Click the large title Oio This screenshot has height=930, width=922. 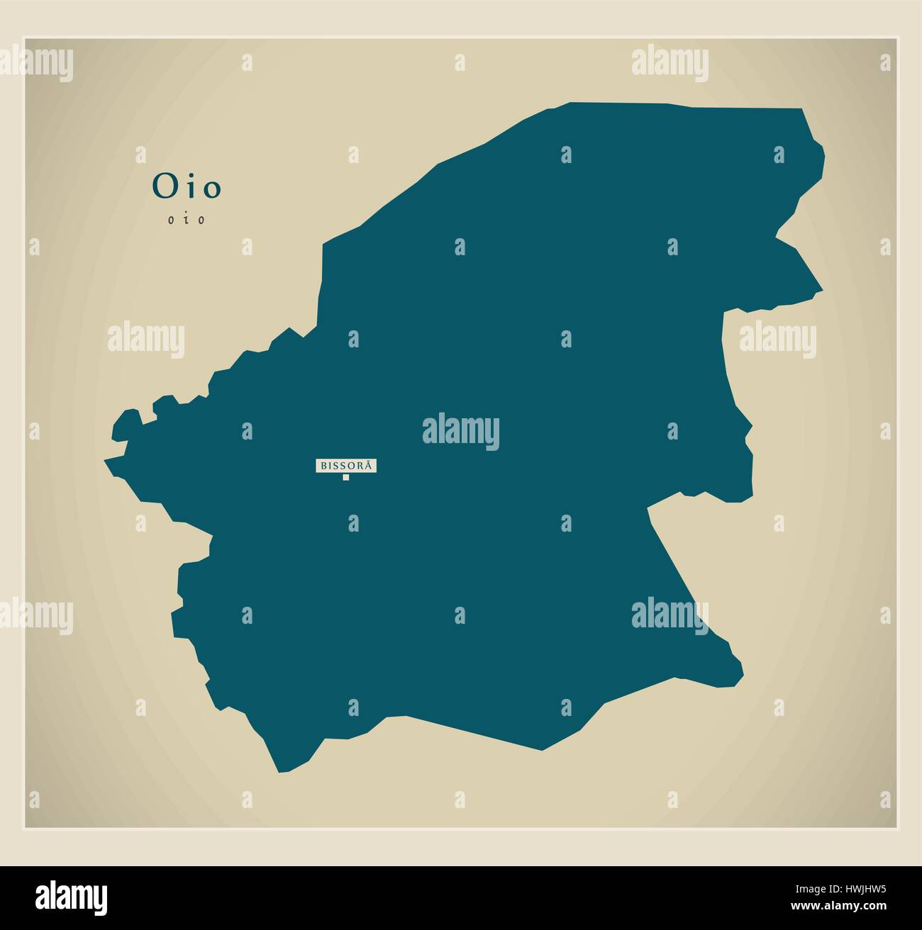(187, 187)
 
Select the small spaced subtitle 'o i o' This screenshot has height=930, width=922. (187, 220)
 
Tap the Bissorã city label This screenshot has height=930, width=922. (346, 466)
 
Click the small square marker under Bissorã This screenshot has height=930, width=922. (346, 477)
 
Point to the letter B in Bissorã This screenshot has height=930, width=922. (324, 466)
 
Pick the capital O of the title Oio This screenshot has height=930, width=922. (162, 187)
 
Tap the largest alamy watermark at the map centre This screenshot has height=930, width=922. (461, 432)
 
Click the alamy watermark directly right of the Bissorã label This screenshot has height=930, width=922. (461, 432)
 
